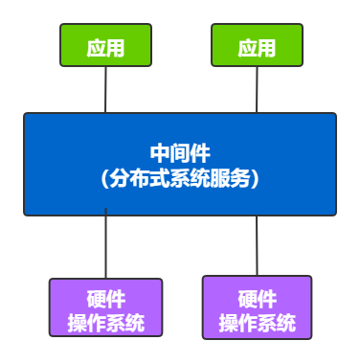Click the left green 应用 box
105,46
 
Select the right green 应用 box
257,46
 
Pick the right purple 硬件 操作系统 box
257,307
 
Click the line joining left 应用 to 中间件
105,90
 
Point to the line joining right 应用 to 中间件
257,90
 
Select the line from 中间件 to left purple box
105,247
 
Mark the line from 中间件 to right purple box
257,246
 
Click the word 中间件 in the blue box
180,153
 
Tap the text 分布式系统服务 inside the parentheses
180,177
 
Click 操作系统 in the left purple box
105,323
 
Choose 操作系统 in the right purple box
257,323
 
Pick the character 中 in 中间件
160,153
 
